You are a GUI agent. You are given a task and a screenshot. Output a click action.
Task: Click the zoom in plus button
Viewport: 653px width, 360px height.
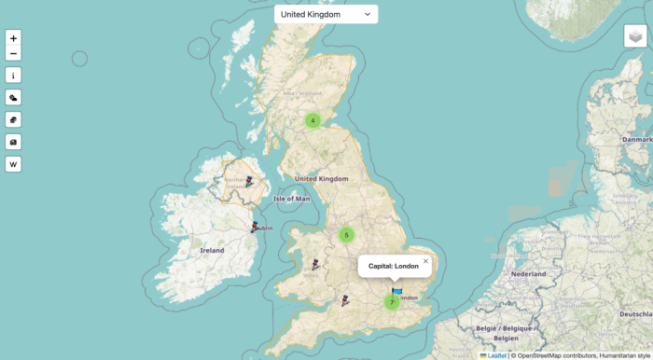[13, 38]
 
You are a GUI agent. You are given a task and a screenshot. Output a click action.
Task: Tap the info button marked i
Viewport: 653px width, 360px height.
[13, 76]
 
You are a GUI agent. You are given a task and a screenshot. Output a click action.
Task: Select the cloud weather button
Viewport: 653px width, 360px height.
[13, 97]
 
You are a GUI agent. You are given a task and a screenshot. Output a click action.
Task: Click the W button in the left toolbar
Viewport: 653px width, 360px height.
[13, 164]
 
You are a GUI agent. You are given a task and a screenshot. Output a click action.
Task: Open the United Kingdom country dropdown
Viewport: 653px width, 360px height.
[326, 14]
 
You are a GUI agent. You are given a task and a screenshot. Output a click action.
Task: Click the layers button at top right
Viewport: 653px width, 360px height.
[635, 35]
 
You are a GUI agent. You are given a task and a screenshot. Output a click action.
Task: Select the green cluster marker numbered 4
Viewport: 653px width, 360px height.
[313, 119]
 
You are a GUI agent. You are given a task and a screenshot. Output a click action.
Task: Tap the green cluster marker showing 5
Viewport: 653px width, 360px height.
[346, 235]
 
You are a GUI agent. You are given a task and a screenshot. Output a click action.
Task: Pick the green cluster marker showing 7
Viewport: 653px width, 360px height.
[392, 302]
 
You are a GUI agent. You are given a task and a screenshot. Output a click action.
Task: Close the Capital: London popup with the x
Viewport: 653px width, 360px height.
[425, 261]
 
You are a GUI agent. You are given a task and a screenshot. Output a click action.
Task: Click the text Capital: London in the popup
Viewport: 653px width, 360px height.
[393, 266]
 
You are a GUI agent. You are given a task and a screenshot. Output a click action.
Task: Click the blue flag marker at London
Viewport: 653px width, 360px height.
[397, 291]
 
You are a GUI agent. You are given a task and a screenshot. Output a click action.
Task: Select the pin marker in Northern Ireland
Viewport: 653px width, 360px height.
[249, 182]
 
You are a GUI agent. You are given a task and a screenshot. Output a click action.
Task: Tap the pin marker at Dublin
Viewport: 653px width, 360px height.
[256, 227]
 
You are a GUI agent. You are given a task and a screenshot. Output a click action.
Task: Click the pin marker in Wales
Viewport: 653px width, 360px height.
[315, 265]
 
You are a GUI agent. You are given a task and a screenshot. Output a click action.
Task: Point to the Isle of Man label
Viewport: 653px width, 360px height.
[292, 199]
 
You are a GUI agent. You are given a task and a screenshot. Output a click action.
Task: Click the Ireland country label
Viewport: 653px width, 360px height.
[212, 250]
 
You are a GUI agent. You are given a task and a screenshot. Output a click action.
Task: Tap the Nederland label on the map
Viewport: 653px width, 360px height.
[527, 274]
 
